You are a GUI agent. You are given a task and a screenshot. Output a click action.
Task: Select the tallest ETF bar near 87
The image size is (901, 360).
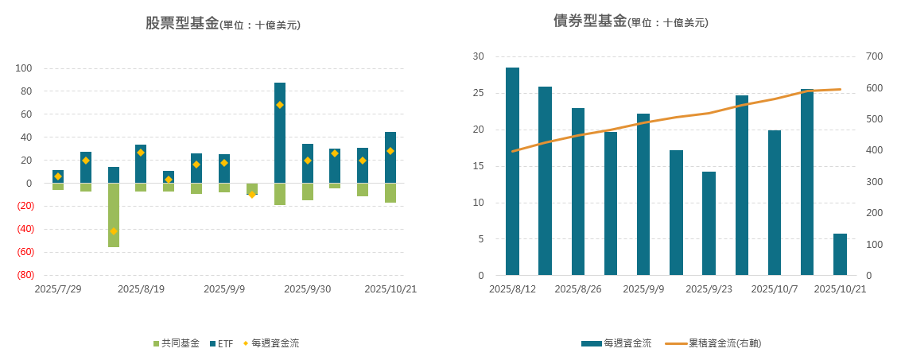click(x=280, y=133)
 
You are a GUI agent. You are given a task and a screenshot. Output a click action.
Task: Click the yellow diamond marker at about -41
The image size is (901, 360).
click(x=114, y=231)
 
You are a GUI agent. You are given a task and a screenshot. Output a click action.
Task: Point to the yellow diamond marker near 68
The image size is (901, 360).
click(x=280, y=105)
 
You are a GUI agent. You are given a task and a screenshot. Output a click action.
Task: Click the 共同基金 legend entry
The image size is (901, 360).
click(x=177, y=343)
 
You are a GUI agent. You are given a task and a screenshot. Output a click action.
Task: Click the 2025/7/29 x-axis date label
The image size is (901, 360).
click(x=58, y=289)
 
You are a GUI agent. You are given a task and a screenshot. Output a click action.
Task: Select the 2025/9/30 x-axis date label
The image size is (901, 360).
click(x=308, y=289)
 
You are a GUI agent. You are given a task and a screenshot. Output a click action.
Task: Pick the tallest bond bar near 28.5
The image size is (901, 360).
click(x=512, y=171)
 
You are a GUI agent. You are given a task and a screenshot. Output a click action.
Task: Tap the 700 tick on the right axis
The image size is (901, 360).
click(x=874, y=56)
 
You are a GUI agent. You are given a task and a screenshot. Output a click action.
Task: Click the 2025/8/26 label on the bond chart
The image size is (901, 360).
click(x=577, y=289)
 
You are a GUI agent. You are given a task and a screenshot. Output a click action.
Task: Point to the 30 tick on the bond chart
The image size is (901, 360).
click(x=478, y=56)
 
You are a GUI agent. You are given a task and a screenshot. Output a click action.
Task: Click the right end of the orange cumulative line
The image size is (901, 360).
click(x=840, y=89)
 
